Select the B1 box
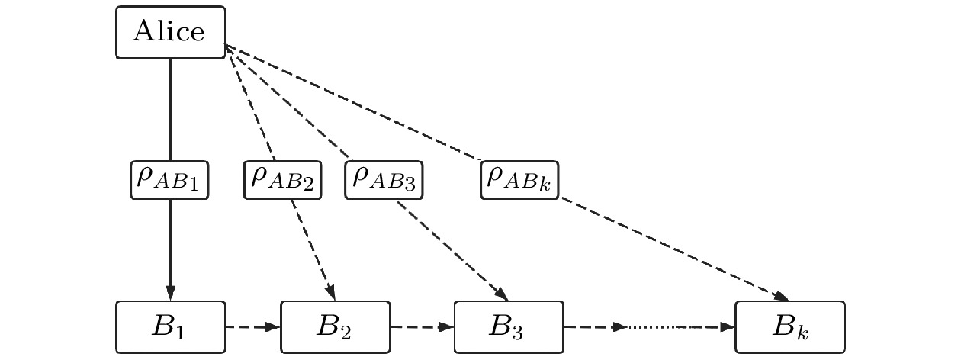(x=170, y=327)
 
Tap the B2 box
(x=336, y=327)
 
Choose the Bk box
(x=789, y=327)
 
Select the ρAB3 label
(x=384, y=179)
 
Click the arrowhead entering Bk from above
(x=782, y=296)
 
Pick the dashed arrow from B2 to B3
(x=422, y=327)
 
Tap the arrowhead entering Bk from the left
(x=728, y=327)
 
